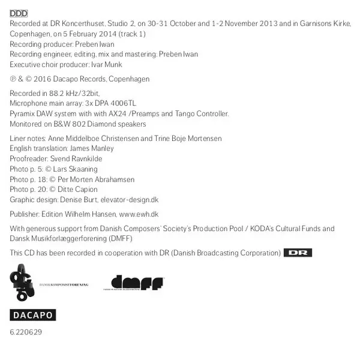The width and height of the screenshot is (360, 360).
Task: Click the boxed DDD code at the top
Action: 19,13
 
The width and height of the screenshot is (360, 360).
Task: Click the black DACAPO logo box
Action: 32,315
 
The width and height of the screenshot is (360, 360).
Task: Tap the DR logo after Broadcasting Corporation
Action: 298,253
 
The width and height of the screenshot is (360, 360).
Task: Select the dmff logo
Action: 137,283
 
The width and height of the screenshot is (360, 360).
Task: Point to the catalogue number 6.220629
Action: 26,332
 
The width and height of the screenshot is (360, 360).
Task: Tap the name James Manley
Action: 93,148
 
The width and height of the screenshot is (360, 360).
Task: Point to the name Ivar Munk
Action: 107,64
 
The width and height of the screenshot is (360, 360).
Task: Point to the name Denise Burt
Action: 80,200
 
